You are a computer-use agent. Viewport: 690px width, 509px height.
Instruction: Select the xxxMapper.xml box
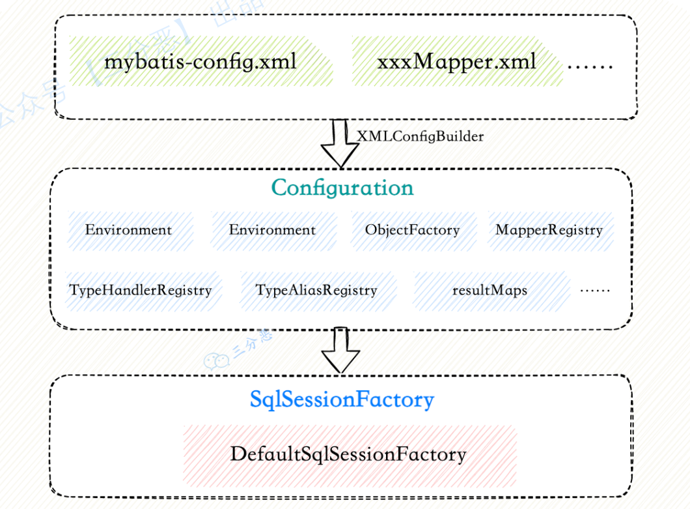456,62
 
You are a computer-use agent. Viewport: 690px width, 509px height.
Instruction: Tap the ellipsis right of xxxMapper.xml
590,65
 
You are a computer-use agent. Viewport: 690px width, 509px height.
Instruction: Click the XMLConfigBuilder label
421,136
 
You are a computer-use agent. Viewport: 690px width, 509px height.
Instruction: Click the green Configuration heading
342,188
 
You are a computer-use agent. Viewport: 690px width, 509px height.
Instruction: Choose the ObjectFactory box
412,230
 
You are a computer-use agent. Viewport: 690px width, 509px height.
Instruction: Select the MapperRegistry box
549,230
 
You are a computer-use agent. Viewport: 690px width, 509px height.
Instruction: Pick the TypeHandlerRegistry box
141,290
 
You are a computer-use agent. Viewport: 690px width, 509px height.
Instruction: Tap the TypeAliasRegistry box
316,290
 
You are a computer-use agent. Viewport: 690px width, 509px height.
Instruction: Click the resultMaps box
490,290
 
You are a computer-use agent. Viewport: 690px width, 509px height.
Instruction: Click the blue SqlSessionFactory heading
342,400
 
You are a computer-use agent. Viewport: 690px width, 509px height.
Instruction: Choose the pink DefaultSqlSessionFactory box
349,454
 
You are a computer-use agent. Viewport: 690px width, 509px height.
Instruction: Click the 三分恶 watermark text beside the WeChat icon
251,343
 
